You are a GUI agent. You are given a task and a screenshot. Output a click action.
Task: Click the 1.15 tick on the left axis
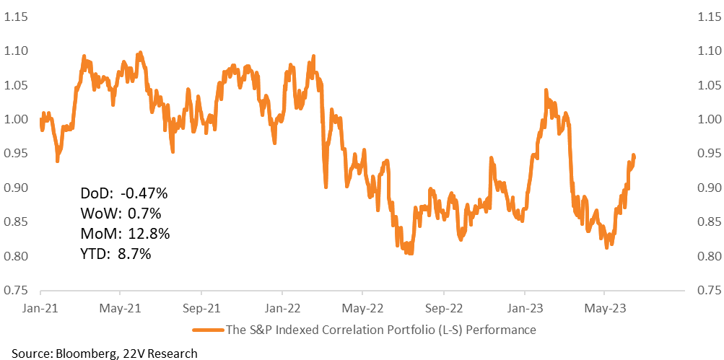coord(16,17)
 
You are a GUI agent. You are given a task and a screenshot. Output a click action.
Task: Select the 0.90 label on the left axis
coord(16,188)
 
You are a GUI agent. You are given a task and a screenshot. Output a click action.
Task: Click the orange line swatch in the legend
coord(208,330)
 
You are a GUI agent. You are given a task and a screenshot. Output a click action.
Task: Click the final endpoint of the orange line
coord(634,158)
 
